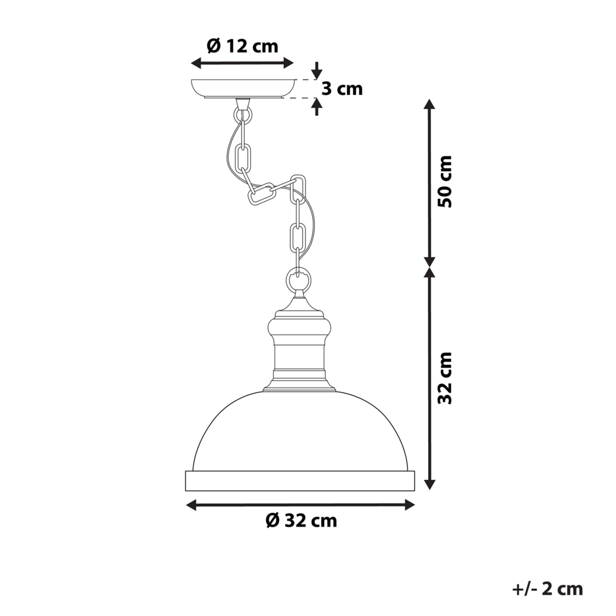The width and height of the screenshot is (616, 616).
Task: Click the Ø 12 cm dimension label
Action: [242, 46]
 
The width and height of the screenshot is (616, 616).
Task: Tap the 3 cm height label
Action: [342, 89]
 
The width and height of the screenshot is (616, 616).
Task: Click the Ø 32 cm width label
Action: [301, 521]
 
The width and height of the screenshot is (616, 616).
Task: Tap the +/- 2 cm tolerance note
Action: [547, 588]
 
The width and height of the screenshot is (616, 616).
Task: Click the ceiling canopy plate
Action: [243, 89]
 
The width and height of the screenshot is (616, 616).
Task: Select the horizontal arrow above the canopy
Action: [242, 62]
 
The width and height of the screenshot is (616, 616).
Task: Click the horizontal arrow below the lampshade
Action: [300, 505]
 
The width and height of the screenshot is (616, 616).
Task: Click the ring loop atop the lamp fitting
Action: [298, 282]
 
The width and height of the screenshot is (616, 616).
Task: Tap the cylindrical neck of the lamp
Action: [299, 357]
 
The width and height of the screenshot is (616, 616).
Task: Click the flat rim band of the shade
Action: [300, 480]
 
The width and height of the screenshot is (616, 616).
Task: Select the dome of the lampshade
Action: [300, 431]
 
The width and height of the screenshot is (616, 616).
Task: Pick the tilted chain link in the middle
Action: [262, 193]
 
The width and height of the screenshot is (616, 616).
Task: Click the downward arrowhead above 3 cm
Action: [317, 70]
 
